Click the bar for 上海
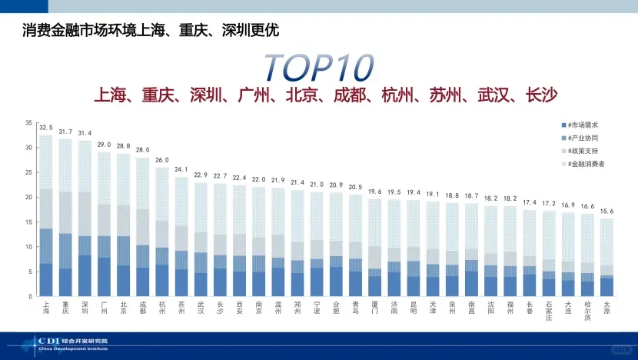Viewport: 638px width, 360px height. [x=46, y=215]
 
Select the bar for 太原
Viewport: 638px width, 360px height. [x=606, y=258]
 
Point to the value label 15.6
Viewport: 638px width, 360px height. [x=606, y=212]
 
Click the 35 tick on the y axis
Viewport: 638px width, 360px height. [x=28, y=123]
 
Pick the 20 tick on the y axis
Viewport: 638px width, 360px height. [x=28, y=198]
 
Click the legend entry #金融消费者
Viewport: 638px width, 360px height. [x=588, y=164]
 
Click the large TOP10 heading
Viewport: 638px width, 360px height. [x=318, y=68]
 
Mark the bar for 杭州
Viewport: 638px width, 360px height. [x=161, y=231]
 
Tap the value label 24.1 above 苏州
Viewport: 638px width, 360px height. [x=181, y=169]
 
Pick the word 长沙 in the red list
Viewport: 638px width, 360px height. [x=540, y=95]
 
